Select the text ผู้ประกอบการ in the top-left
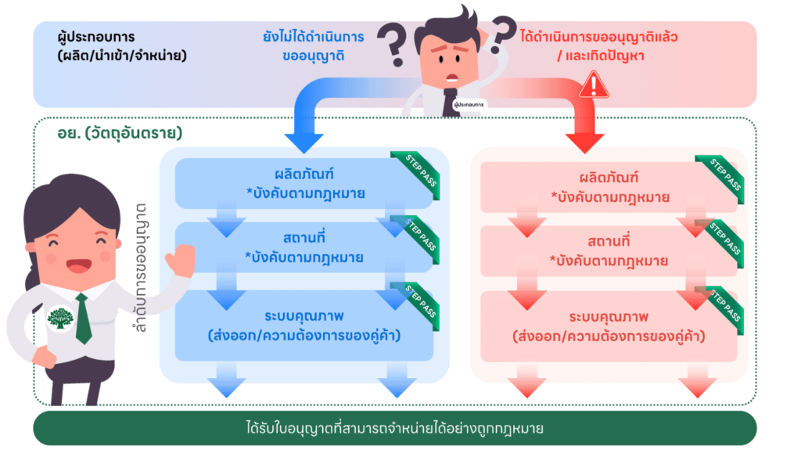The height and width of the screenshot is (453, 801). [x=96, y=37]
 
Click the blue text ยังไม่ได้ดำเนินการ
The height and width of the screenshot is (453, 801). [x=313, y=36]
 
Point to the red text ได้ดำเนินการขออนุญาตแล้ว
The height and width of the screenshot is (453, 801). [x=598, y=36]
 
